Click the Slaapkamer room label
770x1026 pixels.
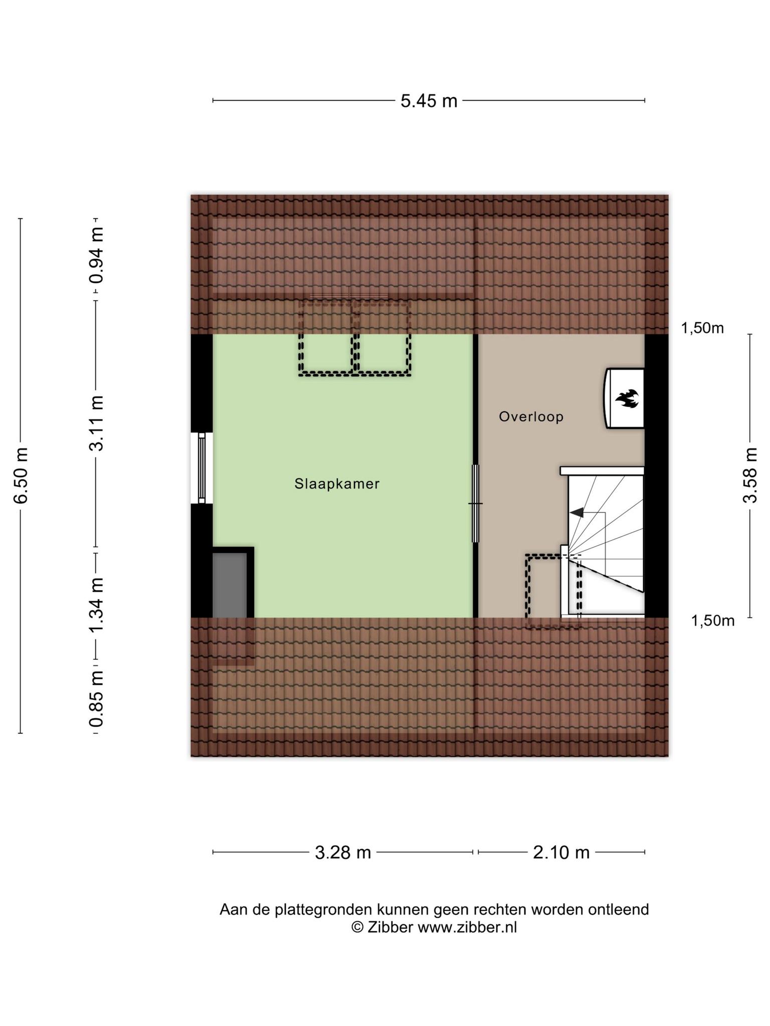pyautogui.click(x=337, y=484)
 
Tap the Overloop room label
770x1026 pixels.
pyautogui.click(x=531, y=417)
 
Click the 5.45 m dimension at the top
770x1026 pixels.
pyautogui.click(x=429, y=101)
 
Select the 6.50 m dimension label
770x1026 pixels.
pyautogui.click(x=21, y=475)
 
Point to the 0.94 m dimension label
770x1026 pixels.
pyautogui.click(x=96, y=255)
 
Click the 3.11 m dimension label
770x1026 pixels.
pyautogui.click(x=96, y=424)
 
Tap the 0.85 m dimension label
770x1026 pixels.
pyautogui.click(x=96, y=699)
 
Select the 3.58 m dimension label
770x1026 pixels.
pyautogui.click(x=750, y=475)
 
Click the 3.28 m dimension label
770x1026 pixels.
pyautogui.click(x=343, y=852)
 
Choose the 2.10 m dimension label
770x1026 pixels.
pyautogui.click(x=561, y=852)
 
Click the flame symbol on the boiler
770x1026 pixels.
pyautogui.click(x=627, y=399)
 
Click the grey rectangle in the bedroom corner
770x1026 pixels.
pyautogui.click(x=230, y=585)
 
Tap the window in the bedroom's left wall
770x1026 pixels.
pyautogui.click(x=202, y=468)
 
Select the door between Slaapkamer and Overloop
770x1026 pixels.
pyautogui.click(x=475, y=503)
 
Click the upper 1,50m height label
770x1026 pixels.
pyautogui.click(x=702, y=328)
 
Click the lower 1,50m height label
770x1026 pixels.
pyautogui.click(x=713, y=621)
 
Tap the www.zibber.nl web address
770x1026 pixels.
pyautogui.click(x=467, y=927)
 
